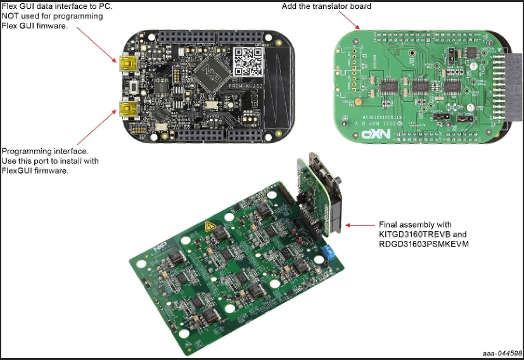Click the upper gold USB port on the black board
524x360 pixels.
tap(124, 63)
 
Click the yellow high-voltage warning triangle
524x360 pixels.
tap(208, 226)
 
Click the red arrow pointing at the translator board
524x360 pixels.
tap(354, 20)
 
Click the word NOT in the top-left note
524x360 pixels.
tap(11, 15)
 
